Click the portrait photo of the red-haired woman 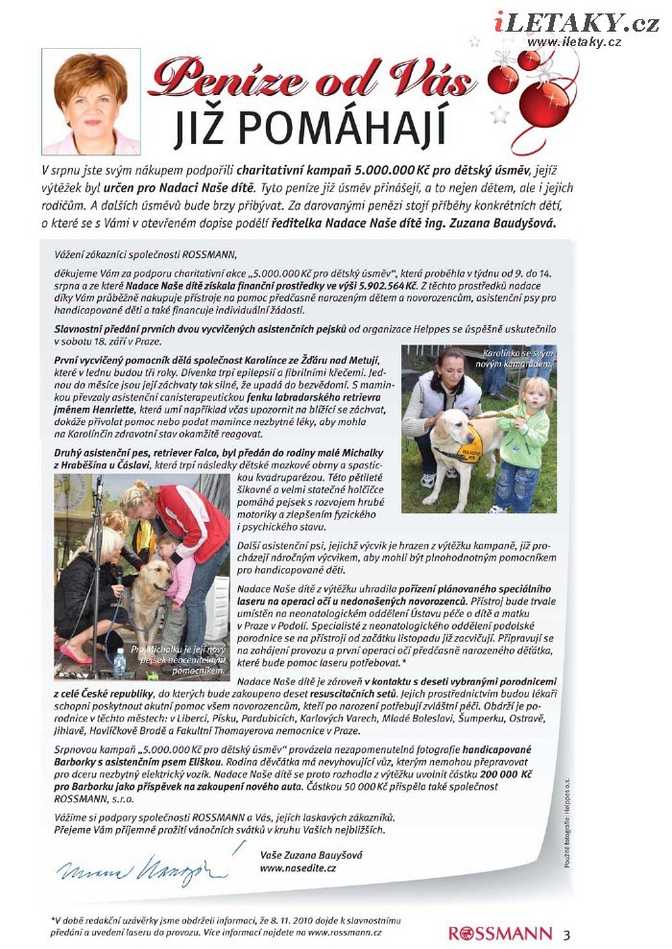tap(91, 101)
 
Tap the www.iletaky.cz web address tap(574, 41)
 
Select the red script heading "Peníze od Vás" tap(316, 79)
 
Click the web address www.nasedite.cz tap(299, 867)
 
